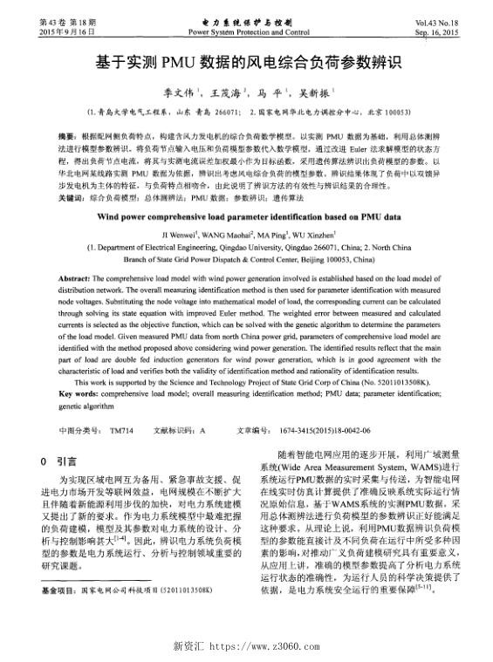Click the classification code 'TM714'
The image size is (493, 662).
[122, 429]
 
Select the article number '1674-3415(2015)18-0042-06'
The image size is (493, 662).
[327, 429]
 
